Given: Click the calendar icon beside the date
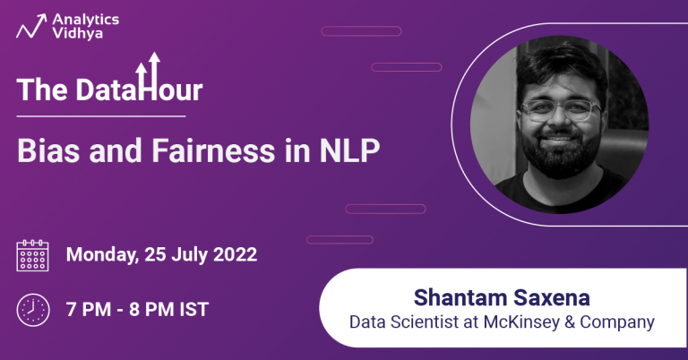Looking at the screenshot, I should click(x=33, y=255).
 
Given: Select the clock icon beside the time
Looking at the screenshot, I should click(x=33, y=310).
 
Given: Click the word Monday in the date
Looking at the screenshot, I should click(x=100, y=254).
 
